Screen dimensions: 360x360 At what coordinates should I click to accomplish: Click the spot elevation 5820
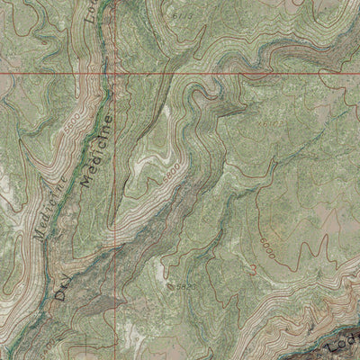click(183, 285)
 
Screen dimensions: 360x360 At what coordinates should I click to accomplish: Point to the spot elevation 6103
click(267, 120)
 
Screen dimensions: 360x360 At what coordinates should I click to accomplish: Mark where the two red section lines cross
click(118, 72)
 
